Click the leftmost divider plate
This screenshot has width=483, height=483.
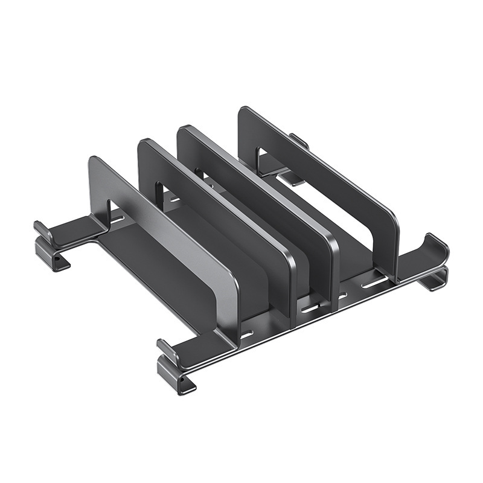(x=163, y=241)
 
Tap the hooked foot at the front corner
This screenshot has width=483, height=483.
(x=175, y=365)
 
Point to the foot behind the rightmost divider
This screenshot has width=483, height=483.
(x=296, y=157)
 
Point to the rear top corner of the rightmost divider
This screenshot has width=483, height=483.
(x=245, y=112)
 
